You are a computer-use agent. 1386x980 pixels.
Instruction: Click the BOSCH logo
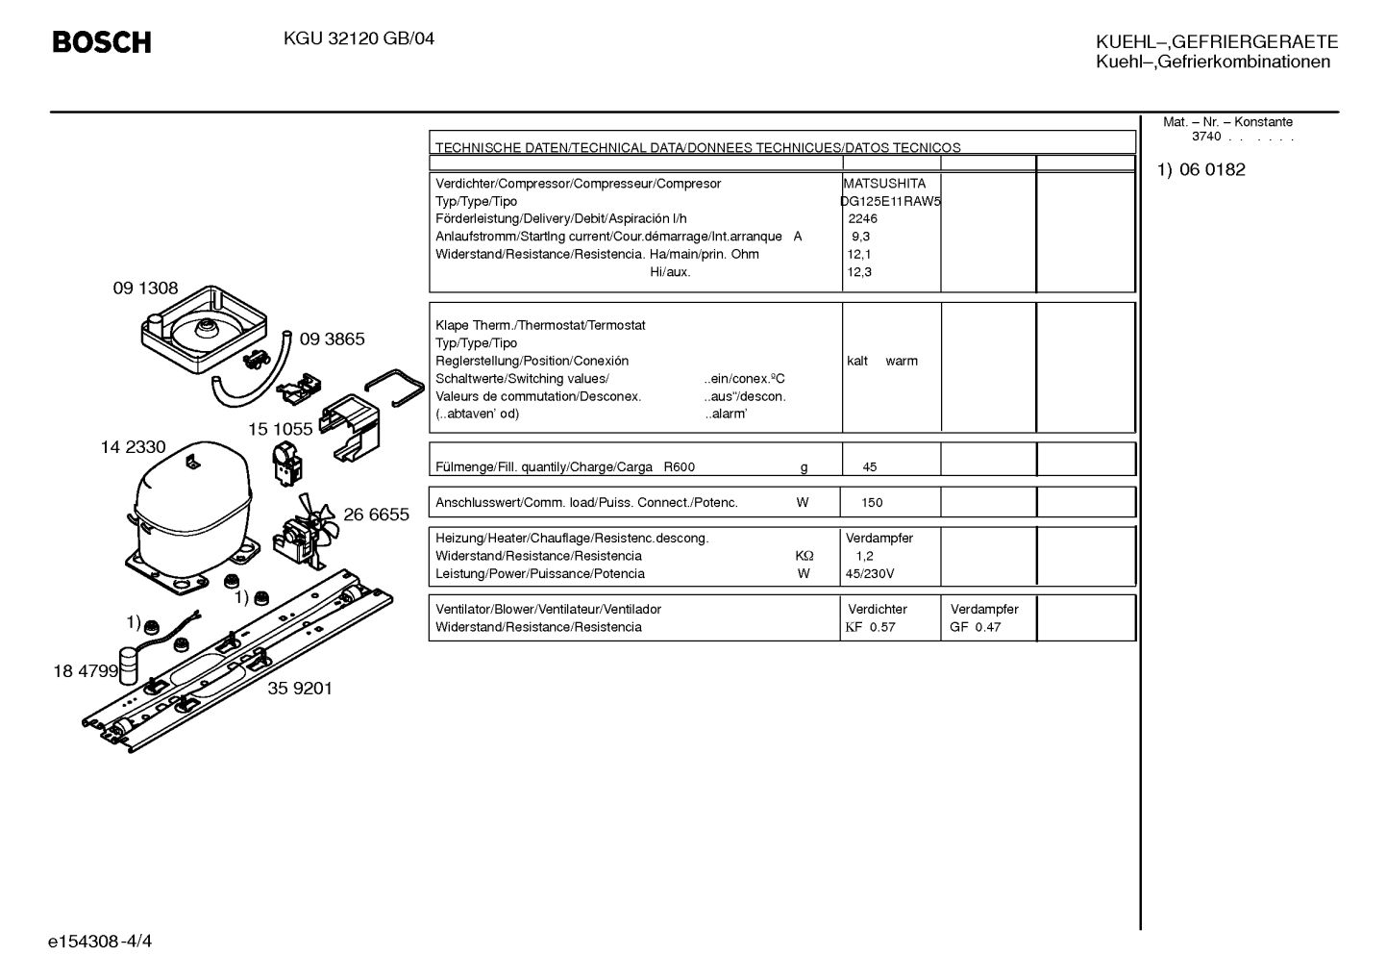(102, 42)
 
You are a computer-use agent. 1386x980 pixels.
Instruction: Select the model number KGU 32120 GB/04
(359, 39)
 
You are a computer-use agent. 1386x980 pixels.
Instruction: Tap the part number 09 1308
(145, 288)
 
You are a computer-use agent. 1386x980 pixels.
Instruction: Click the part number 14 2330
(133, 447)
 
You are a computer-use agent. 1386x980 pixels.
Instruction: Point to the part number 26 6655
(376, 515)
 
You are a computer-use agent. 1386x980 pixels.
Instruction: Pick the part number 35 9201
(300, 689)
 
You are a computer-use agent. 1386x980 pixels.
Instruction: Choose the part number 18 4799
(86, 671)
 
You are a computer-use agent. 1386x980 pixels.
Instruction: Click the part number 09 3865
(333, 339)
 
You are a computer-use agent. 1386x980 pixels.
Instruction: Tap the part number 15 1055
(281, 430)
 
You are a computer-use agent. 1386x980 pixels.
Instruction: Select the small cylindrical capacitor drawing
(128, 666)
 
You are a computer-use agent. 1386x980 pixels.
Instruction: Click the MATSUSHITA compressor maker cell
(884, 184)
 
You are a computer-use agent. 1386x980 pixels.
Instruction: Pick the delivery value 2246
(862, 219)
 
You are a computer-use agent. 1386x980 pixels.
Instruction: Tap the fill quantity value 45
(869, 467)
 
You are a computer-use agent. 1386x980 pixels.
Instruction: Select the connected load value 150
(872, 503)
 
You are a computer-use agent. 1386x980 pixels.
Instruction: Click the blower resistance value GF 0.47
(976, 627)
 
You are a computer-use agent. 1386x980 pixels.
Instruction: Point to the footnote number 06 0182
(1212, 169)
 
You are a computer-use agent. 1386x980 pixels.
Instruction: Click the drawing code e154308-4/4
(100, 942)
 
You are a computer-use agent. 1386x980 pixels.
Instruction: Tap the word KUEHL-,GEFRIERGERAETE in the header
(1217, 42)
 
